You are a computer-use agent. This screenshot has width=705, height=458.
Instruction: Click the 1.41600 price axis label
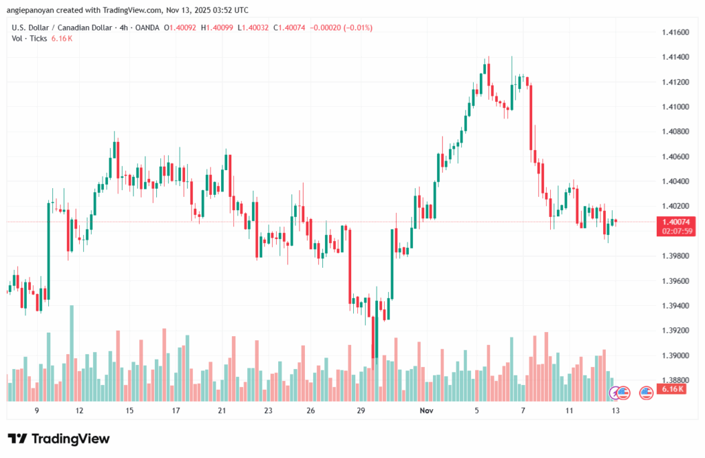coord(674,32)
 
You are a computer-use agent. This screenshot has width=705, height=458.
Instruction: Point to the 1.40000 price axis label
coord(674,231)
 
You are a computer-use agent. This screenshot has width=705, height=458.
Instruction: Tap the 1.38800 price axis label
coord(674,380)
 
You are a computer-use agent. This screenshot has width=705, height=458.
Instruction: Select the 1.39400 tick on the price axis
coord(674,306)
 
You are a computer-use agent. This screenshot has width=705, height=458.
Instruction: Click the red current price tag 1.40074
coord(674,221)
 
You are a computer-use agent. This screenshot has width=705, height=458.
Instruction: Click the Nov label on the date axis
coord(427,410)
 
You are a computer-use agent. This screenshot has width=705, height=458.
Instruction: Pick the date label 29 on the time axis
coord(360,410)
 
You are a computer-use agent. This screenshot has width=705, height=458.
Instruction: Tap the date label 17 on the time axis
coord(176,410)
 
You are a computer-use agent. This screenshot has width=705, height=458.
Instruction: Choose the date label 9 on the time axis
coord(36,410)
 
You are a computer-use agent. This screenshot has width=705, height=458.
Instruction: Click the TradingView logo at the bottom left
coord(59,439)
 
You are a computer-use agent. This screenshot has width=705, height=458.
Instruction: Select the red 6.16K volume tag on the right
coord(671,389)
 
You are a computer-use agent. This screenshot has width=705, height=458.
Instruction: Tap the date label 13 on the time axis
coord(615,410)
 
